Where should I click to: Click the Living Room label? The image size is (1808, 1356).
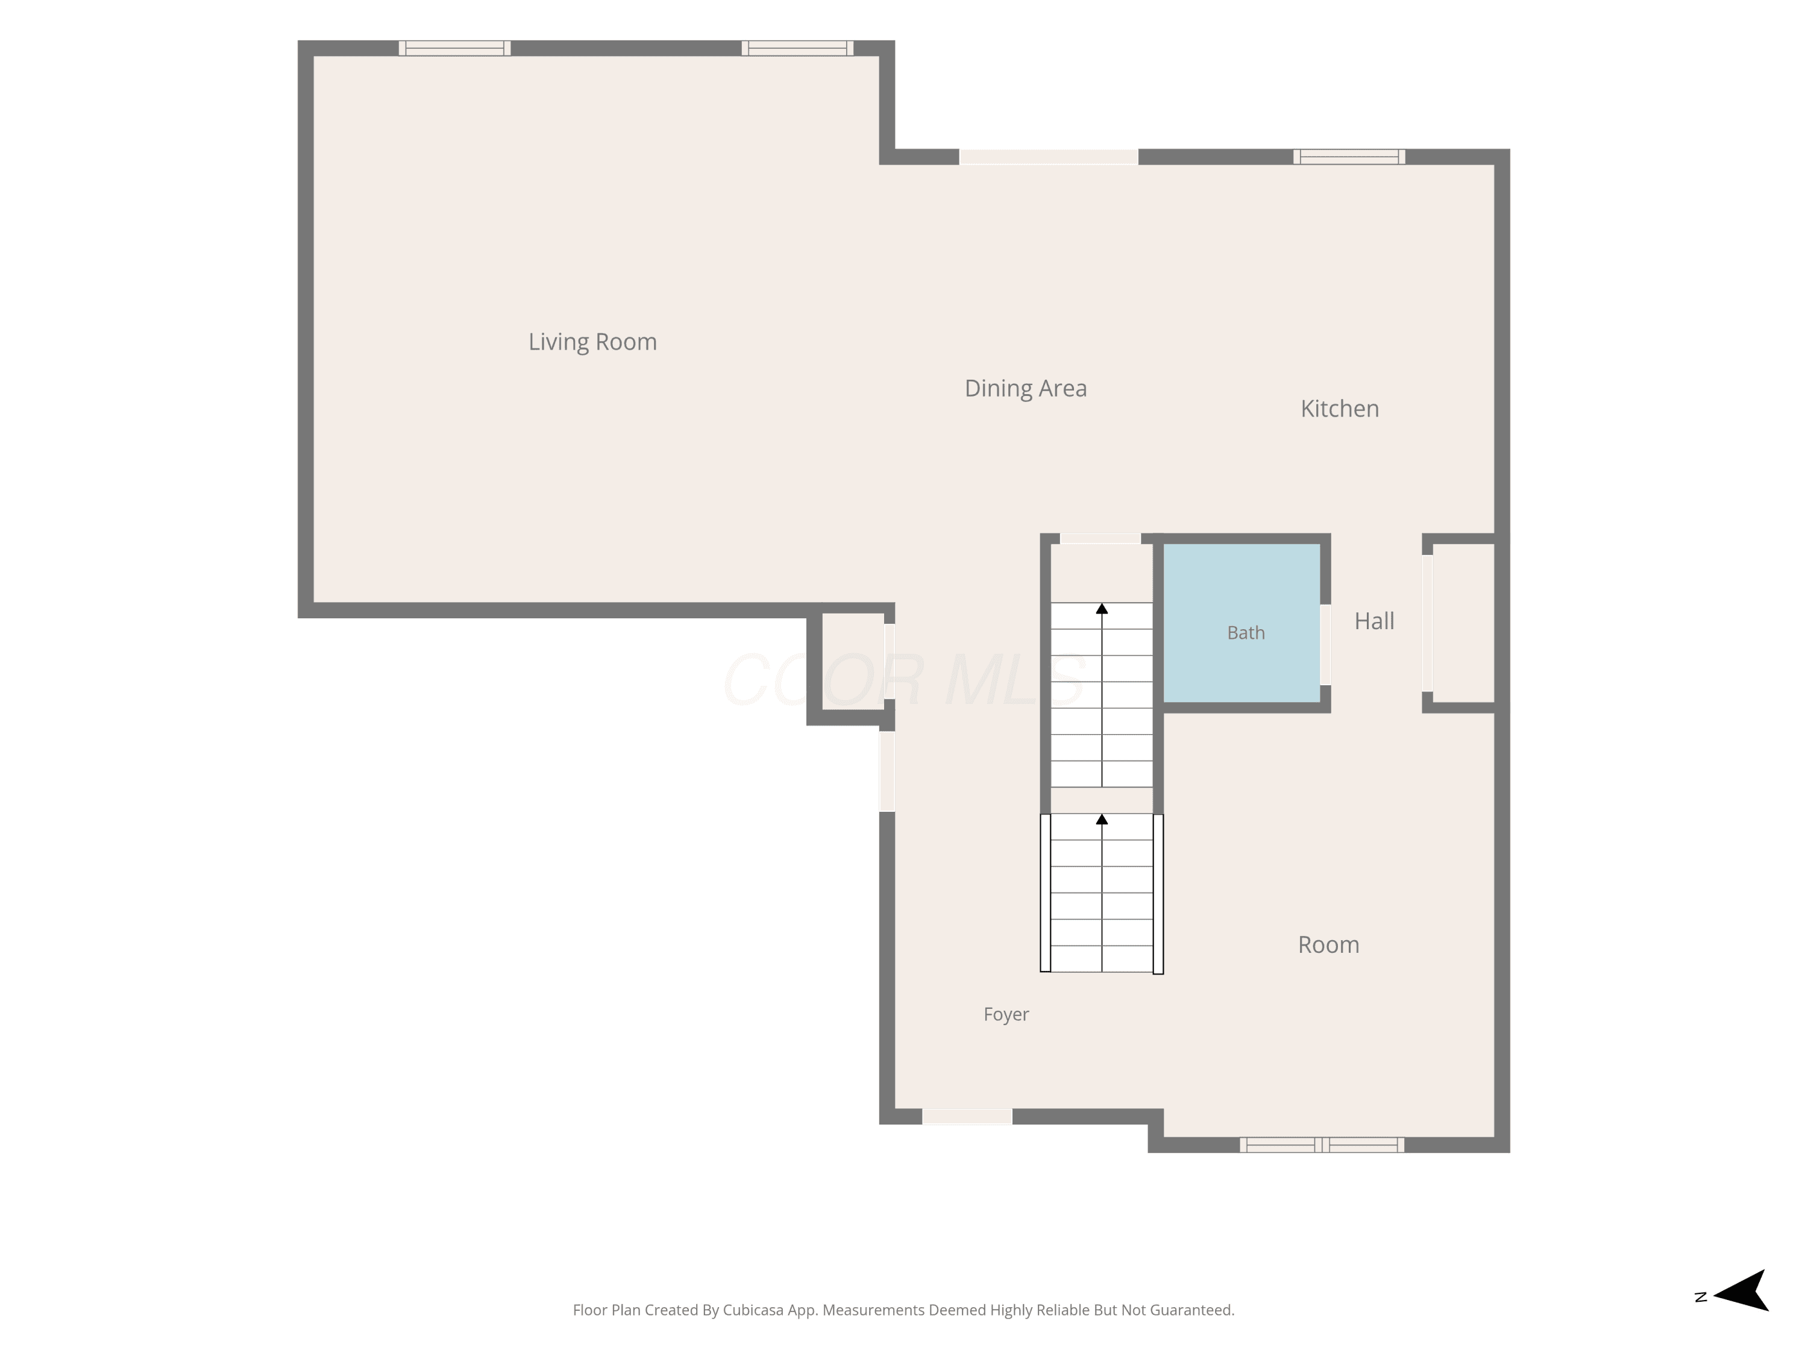click(592, 342)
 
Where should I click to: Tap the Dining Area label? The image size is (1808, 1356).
click(1026, 388)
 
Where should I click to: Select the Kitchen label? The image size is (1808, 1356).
click(1340, 409)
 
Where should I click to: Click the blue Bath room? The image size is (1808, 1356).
click(1241, 623)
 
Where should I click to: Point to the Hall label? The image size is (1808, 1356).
click(1374, 621)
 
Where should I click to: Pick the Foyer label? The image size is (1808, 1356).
click(1006, 1014)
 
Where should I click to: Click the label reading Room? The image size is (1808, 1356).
click(1328, 945)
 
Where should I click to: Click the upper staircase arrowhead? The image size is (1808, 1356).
click(1102, 609)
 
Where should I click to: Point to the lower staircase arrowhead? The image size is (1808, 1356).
click(1102, 819)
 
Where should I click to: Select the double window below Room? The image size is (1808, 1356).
click(1322, 1145)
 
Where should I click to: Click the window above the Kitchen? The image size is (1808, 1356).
click(1349, 157)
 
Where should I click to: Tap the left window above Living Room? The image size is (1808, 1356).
click(454, 48)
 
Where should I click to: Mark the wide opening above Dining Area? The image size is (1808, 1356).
click(1049, 157)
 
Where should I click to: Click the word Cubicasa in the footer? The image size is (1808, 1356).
click(753, 1310)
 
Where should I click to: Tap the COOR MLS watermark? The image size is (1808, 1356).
click(904, 680)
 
